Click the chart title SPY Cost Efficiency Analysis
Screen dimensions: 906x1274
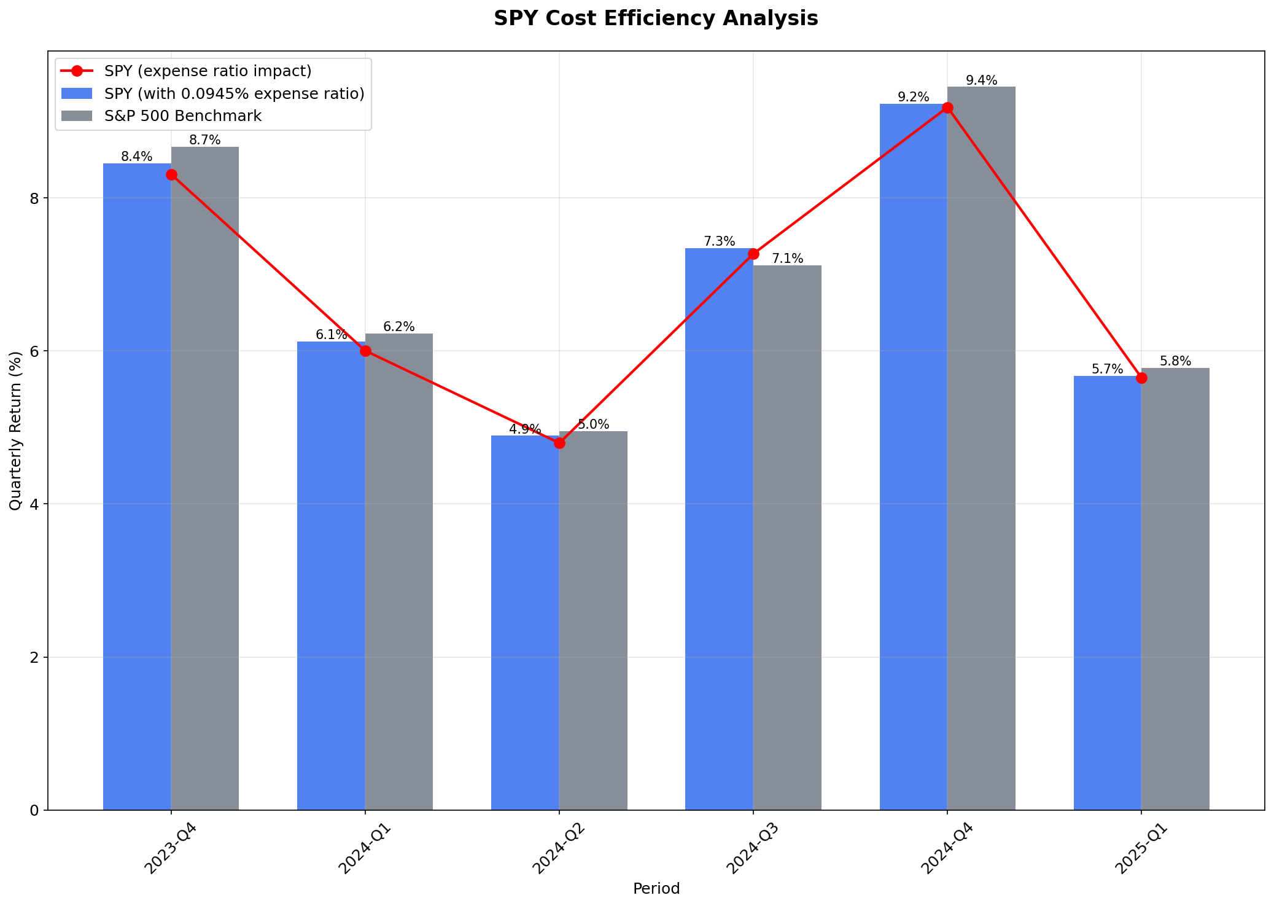[x=656, y=18]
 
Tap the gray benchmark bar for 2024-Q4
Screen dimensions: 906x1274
[x=981, y=448]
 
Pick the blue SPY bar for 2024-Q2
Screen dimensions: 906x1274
[x=525, y=620]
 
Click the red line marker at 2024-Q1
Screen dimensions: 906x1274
[x=365, y=351]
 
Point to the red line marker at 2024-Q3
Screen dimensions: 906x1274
[x=753, y=254]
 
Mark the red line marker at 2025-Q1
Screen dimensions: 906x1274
[x=1141, y=378]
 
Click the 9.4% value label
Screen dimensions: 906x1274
[x=981, y=80]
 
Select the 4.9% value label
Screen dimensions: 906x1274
[x=525, y=429]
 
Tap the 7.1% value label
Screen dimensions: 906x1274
[x=787, y=259]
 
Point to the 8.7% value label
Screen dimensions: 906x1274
[x=204, y=140]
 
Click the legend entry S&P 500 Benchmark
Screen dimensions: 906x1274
[x=183, y=116]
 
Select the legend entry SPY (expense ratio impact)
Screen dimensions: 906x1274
[x=208, y=71]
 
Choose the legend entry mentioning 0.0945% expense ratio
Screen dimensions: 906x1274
[x=234, y=93]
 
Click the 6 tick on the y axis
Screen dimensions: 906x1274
[x=34, y=351]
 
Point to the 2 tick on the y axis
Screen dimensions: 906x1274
[x=34, y=657]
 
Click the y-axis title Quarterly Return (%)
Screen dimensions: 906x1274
[x=15, y=431]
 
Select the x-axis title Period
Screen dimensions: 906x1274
[x=656, y=889]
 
